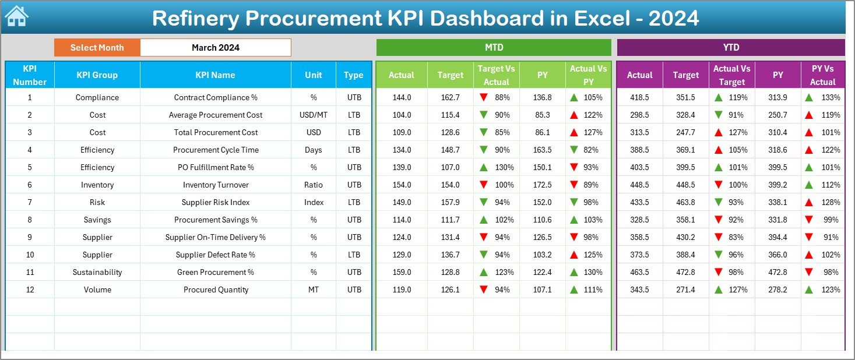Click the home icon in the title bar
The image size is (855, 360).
[x=16, y=17]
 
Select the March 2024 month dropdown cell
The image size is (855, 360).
[x=215, y=48]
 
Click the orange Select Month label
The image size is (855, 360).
[x=97, y=48]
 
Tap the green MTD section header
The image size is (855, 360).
[x=494, y=48]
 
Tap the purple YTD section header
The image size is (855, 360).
[x=730, y=48]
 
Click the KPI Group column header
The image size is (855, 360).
[x=97, y=75]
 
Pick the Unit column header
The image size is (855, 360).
[x=313, y=75]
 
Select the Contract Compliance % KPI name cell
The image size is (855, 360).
[x=215, y=97]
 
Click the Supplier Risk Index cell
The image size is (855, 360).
[x=215, y=202]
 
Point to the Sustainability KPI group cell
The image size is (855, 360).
[x=97, y=272]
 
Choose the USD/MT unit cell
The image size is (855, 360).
[x=313, y=115]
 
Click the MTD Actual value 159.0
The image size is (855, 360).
[x=402, y=272]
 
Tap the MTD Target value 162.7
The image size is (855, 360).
[x=450, y=97]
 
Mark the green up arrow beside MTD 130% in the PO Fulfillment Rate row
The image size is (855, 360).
[x=483, y=167]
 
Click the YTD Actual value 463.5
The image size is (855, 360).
[x=639, y=272]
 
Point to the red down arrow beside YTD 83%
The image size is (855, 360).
[x=719, y=237]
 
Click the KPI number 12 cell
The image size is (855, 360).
[x=30, y=290]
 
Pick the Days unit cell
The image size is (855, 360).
[x=313, y=150]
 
